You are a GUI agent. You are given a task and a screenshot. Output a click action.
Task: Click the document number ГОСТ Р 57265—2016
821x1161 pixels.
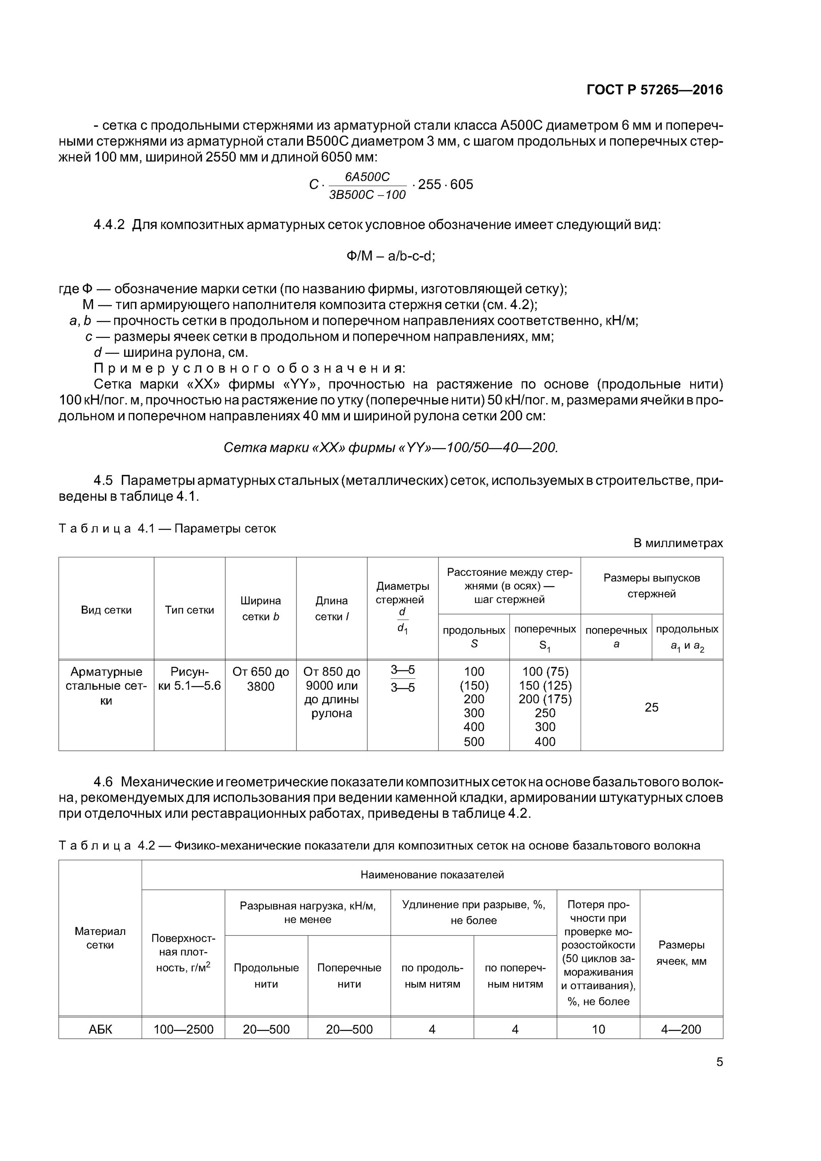pos(654,90)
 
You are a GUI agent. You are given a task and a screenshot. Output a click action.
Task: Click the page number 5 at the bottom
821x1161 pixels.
pos(719,1062)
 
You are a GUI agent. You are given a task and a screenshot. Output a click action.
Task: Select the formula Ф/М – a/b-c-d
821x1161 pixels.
pos(391,256)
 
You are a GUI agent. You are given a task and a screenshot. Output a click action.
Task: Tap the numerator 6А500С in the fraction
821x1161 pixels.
pos(367,176)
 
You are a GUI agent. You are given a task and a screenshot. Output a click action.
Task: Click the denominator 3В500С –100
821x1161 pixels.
pos(367,195)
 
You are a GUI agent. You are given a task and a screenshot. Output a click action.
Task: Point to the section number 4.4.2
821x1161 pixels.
pos(109,224)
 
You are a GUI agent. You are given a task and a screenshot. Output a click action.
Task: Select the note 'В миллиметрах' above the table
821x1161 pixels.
pos(678,543)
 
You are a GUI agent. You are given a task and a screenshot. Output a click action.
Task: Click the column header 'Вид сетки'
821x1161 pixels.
pos(106,610)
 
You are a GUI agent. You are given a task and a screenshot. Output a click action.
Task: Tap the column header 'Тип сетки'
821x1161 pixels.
pos(189,610)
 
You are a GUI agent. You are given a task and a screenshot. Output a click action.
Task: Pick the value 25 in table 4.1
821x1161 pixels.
pos(651,707)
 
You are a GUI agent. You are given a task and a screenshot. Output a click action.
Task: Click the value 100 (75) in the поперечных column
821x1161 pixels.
pos(545,671)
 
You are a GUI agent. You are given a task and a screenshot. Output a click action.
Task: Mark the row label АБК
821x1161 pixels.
pos(100,1029)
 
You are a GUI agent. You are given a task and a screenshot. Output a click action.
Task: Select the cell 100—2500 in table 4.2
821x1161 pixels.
pos(183,1029)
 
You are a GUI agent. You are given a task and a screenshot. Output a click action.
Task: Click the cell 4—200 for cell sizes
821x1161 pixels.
pos(681,1029)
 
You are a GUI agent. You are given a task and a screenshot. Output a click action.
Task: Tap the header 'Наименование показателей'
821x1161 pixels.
pos(432,875)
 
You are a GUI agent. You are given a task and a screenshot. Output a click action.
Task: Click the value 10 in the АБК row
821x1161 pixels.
pos(598,1029)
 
